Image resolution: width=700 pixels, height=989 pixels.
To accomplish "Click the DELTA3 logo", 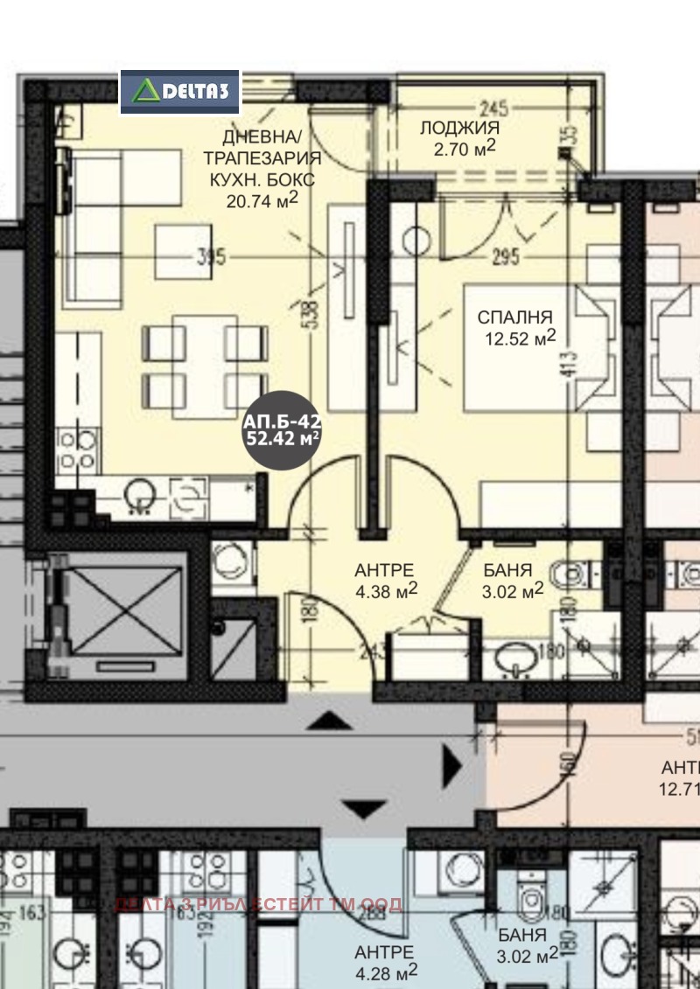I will [179, 91].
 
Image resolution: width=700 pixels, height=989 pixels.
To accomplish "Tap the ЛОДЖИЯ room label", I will [459, 128].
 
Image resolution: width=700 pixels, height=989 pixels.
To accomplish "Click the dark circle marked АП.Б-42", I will [282, 429].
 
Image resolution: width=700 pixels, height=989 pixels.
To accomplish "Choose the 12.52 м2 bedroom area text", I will [521, 338].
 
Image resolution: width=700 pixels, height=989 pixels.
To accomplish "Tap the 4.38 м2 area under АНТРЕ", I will [385, 591].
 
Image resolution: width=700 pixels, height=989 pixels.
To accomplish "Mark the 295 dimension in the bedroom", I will [506, 257].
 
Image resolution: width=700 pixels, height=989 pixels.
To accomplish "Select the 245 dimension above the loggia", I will [494, 109].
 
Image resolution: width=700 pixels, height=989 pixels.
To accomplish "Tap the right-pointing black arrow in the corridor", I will [451, 767].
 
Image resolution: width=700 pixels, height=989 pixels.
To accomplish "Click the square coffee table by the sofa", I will [184, 251].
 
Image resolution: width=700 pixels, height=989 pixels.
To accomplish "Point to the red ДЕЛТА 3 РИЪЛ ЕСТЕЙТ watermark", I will [259, 904].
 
